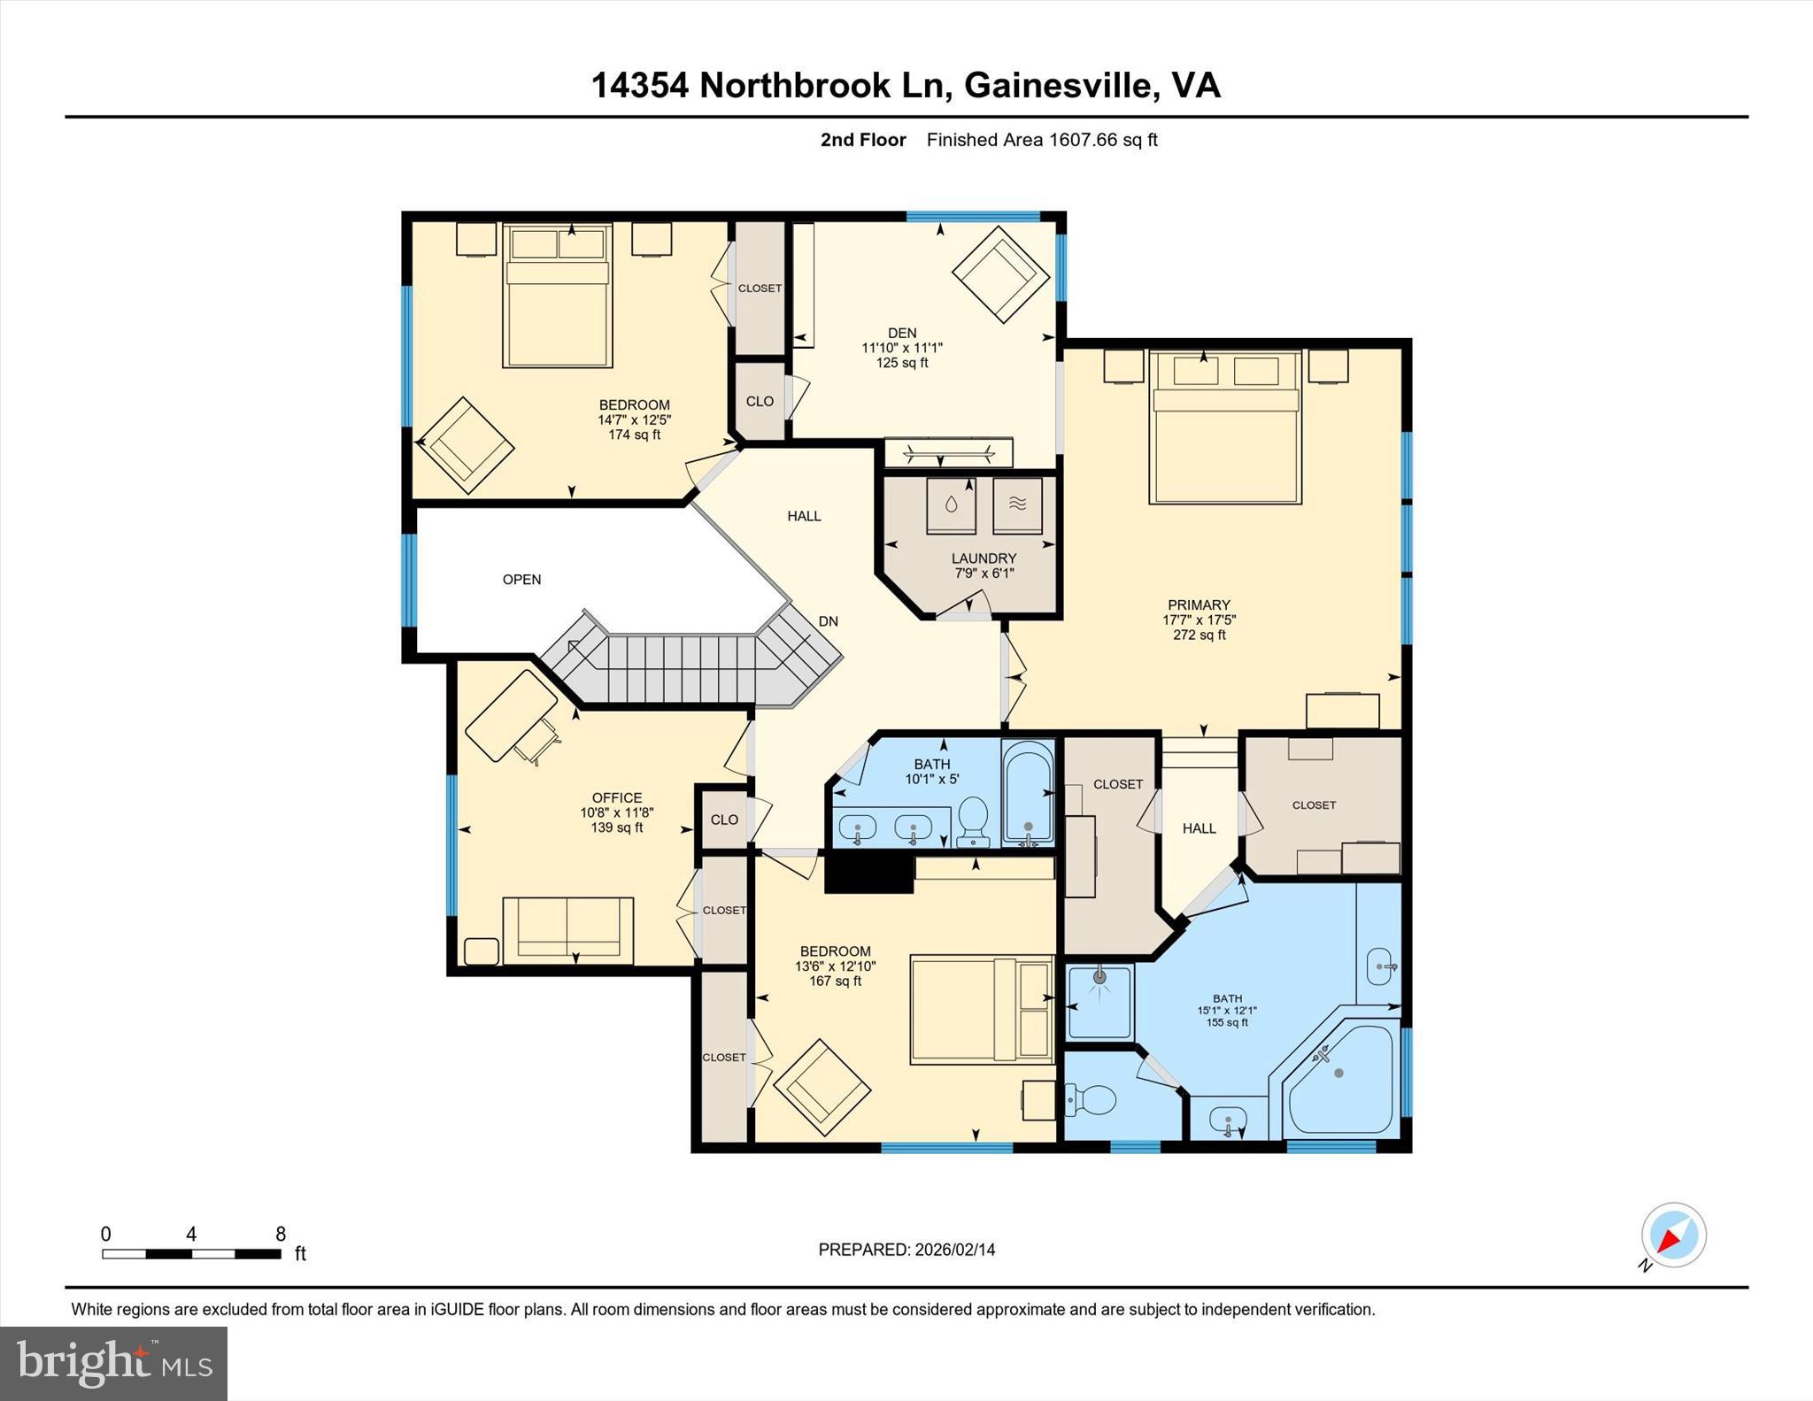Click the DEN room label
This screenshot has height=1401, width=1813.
tap(902, 334)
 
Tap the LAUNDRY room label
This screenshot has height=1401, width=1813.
tap(984, 558)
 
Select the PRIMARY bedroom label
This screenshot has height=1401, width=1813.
tap(1199, 605)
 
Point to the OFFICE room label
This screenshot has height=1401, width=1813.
tap(617, 798)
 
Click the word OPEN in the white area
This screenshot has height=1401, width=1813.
tap(521, 580)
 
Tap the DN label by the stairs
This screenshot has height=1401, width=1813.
tap(828, 621)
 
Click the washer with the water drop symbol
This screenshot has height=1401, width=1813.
tap(951, 505)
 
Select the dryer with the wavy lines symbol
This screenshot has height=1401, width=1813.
tap(1017, 505)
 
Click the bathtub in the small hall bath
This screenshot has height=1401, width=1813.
tap(1027, 792)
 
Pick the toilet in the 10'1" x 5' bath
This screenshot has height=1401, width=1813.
tap(974, 820)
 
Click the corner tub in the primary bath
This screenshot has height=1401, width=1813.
tap(1340, 1079)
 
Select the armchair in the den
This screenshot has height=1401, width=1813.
tap(999, 273)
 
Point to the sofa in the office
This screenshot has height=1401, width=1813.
tap(567, 930)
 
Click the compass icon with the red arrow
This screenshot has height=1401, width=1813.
tap(1673, 1235)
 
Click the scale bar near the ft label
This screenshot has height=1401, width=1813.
tap(191, 1253)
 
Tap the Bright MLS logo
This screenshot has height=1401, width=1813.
tap(113, 1363)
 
